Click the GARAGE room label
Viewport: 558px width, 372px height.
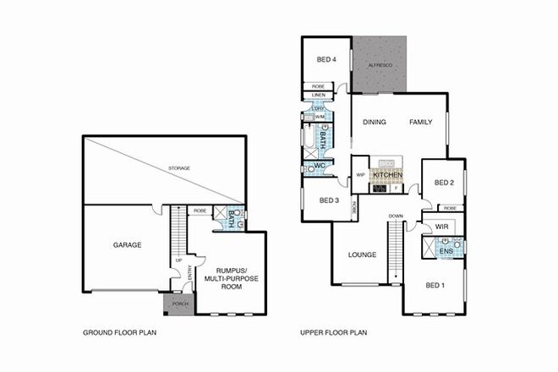pos(127,245)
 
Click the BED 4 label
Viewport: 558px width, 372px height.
pos(326,59)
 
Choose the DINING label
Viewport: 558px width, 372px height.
pos(375,123)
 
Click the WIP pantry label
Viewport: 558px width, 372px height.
pos(360,175)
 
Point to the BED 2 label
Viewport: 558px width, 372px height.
pos(445,183)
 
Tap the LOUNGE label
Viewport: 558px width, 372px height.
pos(361,254)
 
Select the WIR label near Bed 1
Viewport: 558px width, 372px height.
pos(441,227)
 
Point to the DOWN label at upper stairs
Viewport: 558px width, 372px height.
pos(396,216)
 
